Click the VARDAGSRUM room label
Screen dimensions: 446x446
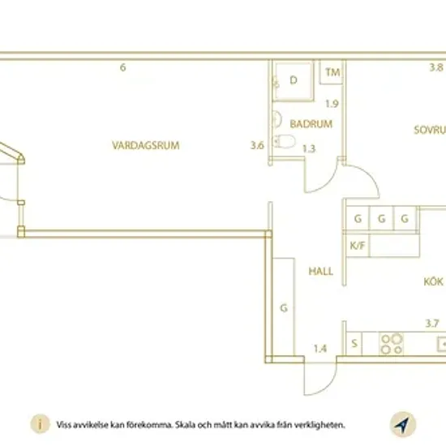click(x=146, y=145)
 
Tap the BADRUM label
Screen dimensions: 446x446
click(x=311, y=124)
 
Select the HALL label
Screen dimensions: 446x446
click(x=321, y=272)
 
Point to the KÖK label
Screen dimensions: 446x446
click(x=433, y=281)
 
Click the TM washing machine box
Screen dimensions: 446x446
click(x=331, y=72)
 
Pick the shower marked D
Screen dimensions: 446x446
click(x=294, y=81)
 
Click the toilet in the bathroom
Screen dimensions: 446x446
click(x=284, y=141)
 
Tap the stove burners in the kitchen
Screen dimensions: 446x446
click(x=392, y=344)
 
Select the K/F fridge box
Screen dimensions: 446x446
click(x=358, y=245)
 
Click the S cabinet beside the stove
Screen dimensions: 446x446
click(x=354, y=344)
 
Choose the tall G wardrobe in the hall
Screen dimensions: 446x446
click(x=284, y=307)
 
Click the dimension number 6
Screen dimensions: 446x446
click(x=122, y=67)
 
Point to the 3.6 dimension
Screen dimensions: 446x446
click(x=257, y=145)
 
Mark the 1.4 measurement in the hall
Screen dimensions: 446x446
click(x=320, y=349)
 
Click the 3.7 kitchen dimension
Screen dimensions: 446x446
click(x=432, y=324)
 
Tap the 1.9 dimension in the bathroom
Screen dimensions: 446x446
click(x=332, y=104)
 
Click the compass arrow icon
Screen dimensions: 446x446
click(x=403, y=424)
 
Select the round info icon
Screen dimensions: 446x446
click(x=40, y=424)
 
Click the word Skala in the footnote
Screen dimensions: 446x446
click(x=185, y=425)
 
